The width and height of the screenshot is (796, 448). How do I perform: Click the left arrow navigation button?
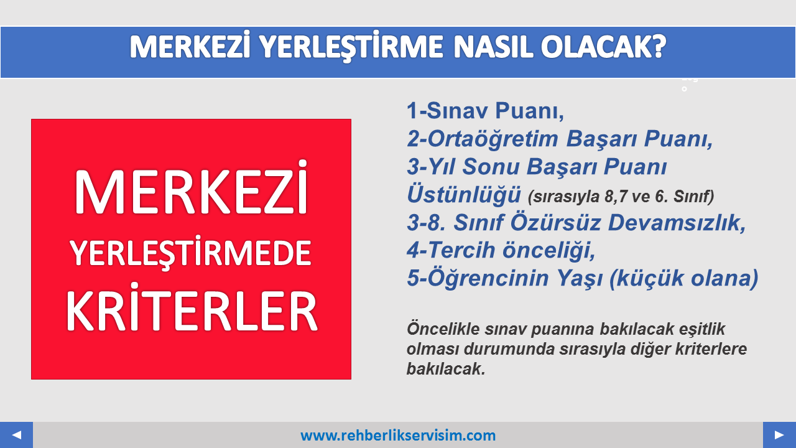[x=16, y=435]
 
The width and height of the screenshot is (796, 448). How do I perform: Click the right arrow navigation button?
[x=779, y=435]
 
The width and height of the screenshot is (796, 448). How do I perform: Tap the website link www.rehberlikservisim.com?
[x=398, y=436]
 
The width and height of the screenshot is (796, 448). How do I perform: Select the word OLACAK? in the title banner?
[x=603, y=47]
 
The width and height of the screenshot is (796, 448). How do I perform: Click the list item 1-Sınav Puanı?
[x=486, y=111]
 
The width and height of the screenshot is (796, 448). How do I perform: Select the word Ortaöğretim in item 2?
[x=493, y=138]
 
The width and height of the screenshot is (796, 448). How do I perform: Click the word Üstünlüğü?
[x=464, y=195]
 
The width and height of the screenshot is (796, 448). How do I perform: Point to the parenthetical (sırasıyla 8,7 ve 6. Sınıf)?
[x=621, y=197]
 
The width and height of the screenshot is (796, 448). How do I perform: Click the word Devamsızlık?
[x=677, y=223]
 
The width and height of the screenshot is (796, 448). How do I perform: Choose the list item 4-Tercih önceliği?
[x=501, y=250]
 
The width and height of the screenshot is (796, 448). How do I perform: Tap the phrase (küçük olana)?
[x=684, y=278]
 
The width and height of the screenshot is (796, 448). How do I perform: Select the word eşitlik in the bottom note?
[x=702, y=329]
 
